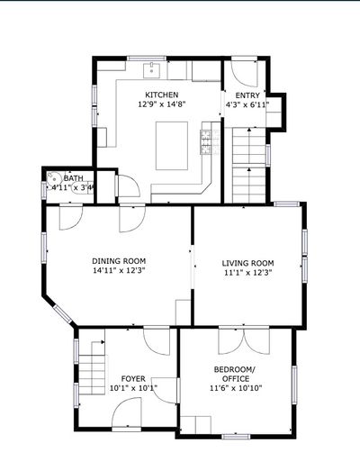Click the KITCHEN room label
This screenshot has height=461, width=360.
(162, 95)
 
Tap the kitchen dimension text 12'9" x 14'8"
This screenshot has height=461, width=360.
(162, 104)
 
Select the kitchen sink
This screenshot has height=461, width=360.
(152, 70)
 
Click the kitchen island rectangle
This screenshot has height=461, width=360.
(172, 146)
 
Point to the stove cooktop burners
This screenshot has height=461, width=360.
(206, 142)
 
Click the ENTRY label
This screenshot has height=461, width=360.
(247, 95)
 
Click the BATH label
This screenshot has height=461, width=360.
(74, 178)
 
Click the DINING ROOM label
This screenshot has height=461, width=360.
(119, 261)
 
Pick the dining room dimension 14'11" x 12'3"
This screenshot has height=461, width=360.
(119, 270)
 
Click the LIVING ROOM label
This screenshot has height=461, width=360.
(247, 263)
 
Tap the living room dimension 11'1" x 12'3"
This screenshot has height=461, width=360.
(247, 273)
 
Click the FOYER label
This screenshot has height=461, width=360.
(133, 378)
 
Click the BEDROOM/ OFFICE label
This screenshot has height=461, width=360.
(236, 374)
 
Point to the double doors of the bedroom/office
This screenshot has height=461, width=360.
(244, 341)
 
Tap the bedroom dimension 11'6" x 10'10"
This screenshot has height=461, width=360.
(236, 388)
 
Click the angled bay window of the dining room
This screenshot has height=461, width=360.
(63, 314)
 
